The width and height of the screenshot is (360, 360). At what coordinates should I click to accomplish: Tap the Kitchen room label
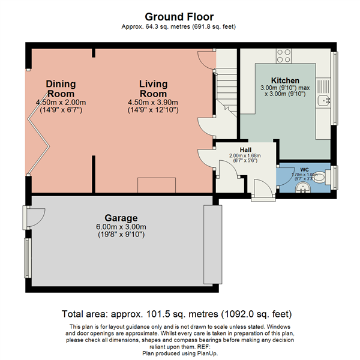coord(285,80)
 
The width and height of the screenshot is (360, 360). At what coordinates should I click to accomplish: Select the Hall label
coord(245,149)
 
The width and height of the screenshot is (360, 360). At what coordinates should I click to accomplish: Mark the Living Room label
coord(154,89)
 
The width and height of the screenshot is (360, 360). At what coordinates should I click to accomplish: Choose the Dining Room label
coord(60,89)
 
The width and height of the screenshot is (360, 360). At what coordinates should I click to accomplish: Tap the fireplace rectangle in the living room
coord(155,185)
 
